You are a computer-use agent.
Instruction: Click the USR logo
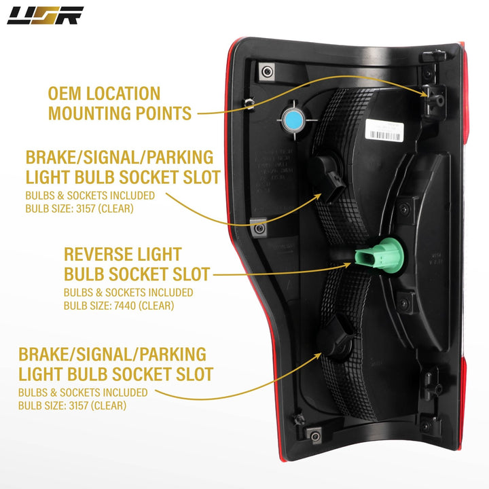[45, 15]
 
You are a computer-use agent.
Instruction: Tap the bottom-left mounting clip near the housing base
[313, 431]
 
